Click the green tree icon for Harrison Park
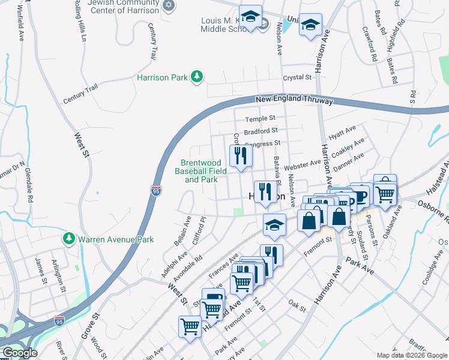pos(196,77)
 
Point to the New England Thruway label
pos(294,100)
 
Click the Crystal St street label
pos(298,78)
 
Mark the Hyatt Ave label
pos(343,132)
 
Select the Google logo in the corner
pos(19,353)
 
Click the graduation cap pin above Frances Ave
pos(274,225)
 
